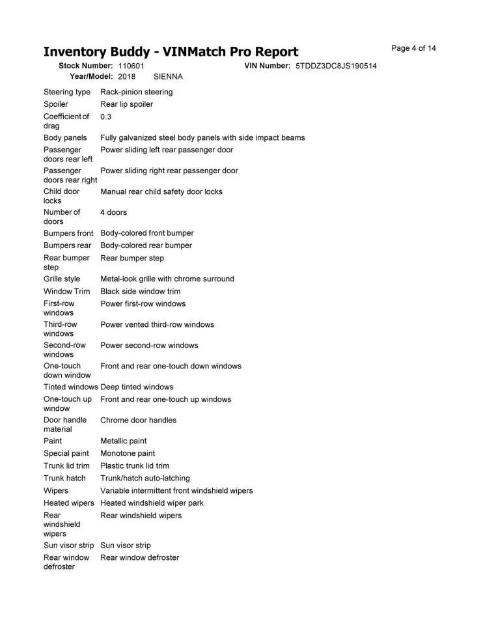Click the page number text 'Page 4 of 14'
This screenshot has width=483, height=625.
(x=413, y=49)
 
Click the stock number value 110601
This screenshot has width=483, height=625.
(x=131, y=66)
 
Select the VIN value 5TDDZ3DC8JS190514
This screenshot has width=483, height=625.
(x=336, y=66)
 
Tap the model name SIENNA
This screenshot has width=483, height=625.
(x=168, y=77)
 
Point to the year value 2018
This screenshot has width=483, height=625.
(x=126, y=77)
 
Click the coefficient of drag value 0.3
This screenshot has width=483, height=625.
(x=106, y=117)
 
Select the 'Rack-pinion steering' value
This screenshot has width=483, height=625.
(x=137, y=92)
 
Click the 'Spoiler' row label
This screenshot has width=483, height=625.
(x=56, y=104)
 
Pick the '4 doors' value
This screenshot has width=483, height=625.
(x=113, y=212)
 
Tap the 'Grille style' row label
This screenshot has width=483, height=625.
(x=62, y=279)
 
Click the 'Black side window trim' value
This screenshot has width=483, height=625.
(x=141, y=291)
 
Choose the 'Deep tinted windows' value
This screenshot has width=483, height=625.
(x=137, y=387)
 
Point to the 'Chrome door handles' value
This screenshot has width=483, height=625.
(x=138, y=421)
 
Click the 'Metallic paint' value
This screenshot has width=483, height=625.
(x=124, y=441)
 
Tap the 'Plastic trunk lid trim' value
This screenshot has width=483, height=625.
(x=135, y=465)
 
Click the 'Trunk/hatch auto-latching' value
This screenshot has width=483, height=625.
(x=145, y=478)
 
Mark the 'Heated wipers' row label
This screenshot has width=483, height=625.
(x=68, y=503)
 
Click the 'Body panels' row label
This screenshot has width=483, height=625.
(x=65, y=138)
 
